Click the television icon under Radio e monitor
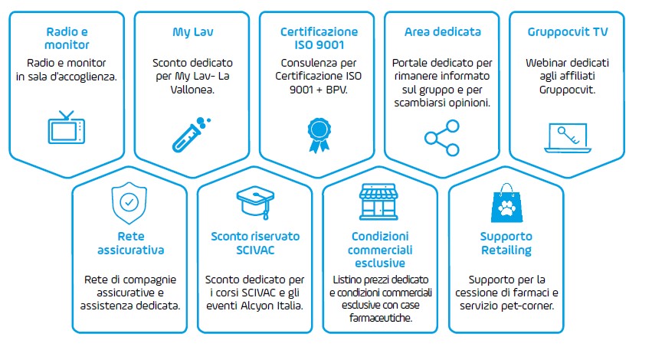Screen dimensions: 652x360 pyautogui.click(x=67, y=128)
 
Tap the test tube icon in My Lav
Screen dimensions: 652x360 pyautogui.click(x=192, y=135)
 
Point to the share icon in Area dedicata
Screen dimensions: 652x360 pyautogui.click(x=441, y=138)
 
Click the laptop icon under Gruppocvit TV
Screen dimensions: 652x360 pyautogui.click(x=568, y=138)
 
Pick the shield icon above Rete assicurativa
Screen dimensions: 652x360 pyautogui.click(x=129, y=203)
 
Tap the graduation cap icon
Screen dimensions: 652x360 pyautogui.click(x=255, y=202)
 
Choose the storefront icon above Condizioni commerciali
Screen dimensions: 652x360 pyautogui.click(x=378, y=201)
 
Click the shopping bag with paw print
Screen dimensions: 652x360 pyautogui.click(x=506, y=202)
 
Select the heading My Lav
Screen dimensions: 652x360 pyautogui.click(x=193, y=32)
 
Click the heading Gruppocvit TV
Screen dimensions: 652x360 pyautogui.click(x=568, y=31)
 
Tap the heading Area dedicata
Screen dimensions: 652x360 pyautogui.click(x=442, y=31)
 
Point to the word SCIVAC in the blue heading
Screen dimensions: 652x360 pyautogui.click(x=255, y=250)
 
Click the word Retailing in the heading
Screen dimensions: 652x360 pyautogui.click(x=506, y=250)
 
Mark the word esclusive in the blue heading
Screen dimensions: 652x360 pyautogui.click(x=380, y=263)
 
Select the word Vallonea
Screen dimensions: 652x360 pyautogui.click(x=192, y=90)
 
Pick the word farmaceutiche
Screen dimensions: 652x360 pyautogui.click(x=381, y=318)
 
